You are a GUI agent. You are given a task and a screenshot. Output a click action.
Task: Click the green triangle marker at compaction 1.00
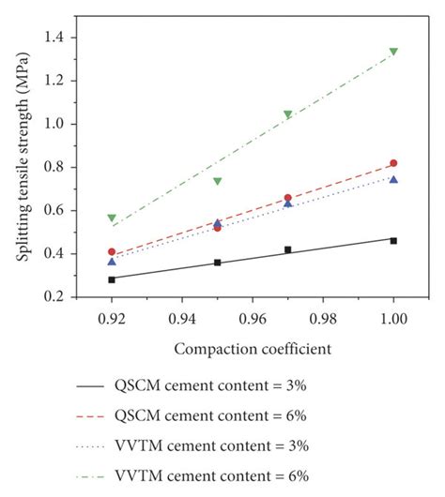393,52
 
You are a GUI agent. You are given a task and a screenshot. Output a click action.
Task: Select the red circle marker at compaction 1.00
393,163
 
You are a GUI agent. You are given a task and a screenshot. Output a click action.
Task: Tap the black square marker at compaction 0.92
112,279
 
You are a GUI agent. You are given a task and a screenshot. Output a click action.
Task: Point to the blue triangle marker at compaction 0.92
112,261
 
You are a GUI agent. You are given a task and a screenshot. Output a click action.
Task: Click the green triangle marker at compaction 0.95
217,181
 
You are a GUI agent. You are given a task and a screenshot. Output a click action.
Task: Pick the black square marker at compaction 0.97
287,249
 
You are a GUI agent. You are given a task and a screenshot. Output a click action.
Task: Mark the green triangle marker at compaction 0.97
287,114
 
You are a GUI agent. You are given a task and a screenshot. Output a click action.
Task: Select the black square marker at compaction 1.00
393,241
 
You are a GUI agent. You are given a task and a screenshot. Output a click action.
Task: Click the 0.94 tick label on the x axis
182,319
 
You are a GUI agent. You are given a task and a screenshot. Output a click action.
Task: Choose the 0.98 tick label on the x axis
323,319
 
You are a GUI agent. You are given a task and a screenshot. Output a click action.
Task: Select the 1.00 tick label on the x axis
393,319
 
